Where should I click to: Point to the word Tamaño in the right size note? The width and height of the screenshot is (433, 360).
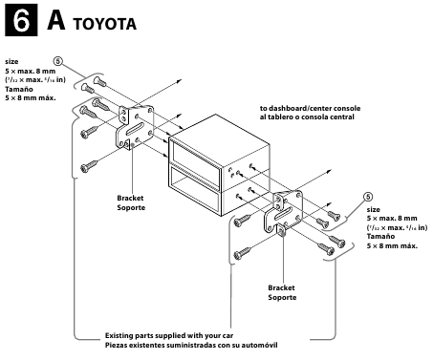pyautogui.click(x=383, y=238)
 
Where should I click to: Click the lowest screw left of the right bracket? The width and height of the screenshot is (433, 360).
pyautogui.click(x=242, y=254)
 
